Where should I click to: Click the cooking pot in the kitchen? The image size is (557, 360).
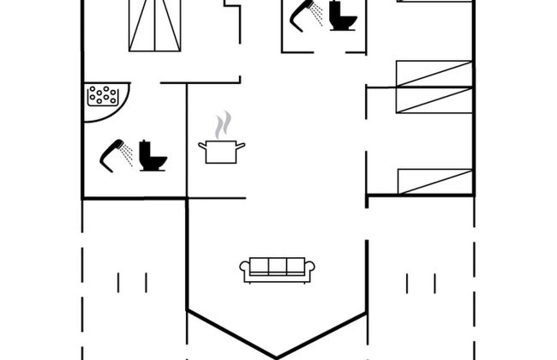click(x=222, y=152)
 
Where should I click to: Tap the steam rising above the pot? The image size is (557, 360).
click(x=223, y=125)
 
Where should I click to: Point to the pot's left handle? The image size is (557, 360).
click(x=201, y=146)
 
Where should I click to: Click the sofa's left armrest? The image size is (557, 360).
click(x=244, y=270)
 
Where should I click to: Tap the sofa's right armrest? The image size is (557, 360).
click(x=311, y=270)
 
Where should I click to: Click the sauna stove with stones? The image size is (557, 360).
click(x=102, y=95)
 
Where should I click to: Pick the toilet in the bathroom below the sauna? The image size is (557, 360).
click(x=153, y=155)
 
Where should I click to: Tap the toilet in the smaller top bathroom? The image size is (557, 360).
click(x=344, y=15)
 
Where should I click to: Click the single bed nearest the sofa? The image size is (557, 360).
click(x=435, y=182)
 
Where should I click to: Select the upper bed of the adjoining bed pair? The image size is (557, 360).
click(x=434, y=74)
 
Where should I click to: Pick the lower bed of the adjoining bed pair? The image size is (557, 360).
click(x=434, y=99)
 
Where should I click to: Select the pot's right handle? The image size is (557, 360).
click(x=243, y=146)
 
